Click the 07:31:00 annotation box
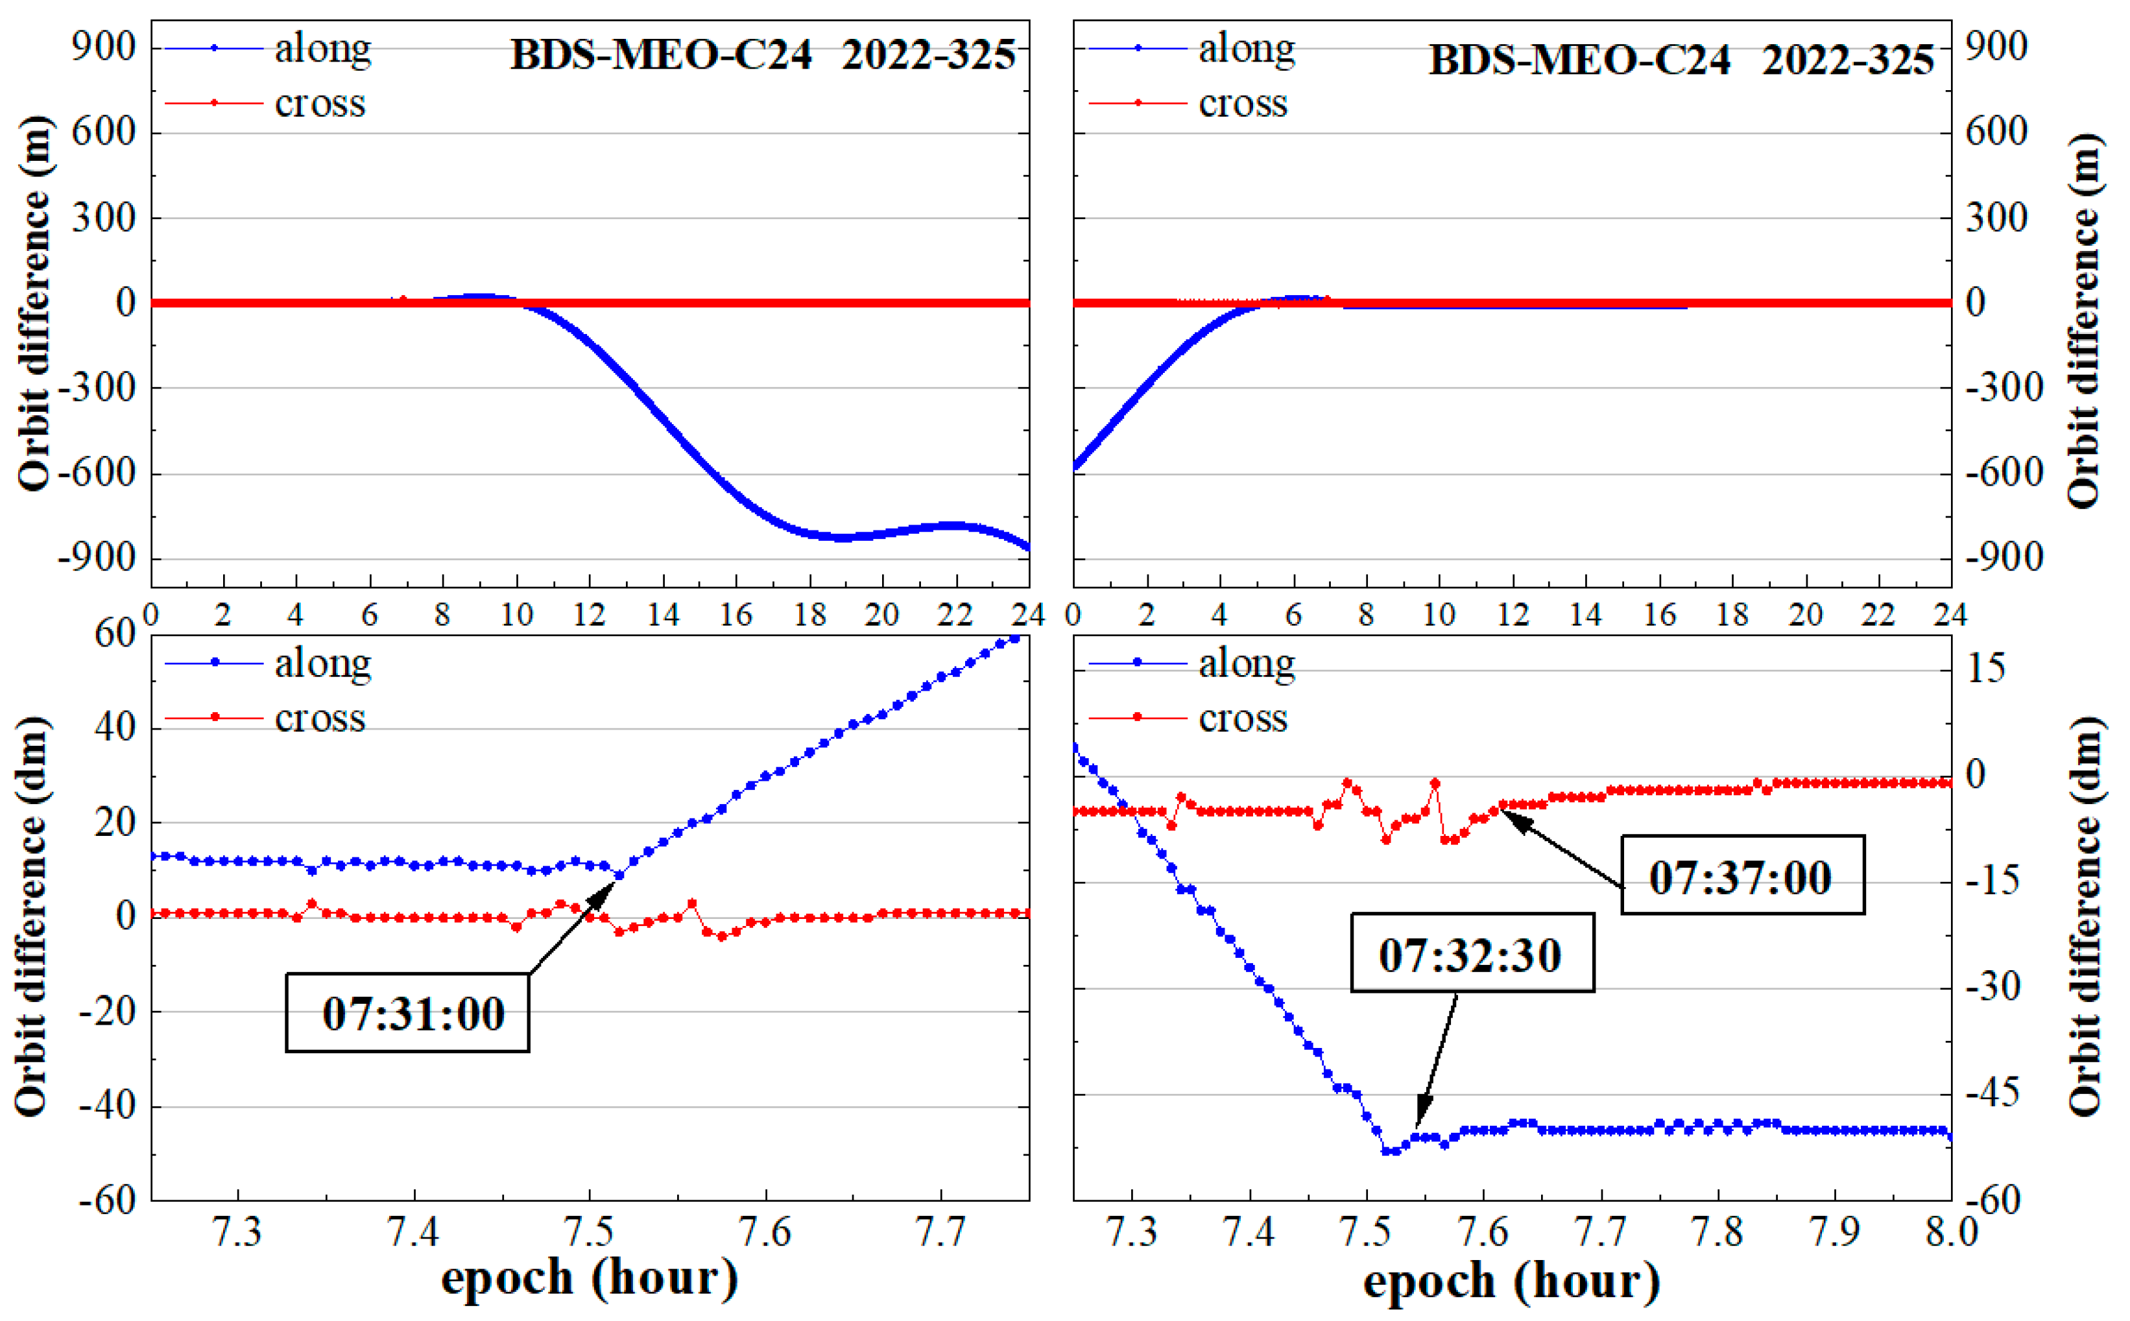click(x=407, y=1012)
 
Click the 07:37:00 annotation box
click(x=1741, y=876)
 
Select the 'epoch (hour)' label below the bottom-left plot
click(x=590, y=1278)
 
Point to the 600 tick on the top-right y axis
click(x=1996, y=132)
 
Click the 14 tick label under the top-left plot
click(x=663, y=615)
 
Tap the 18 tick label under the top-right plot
click(x=1732, y=615)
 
